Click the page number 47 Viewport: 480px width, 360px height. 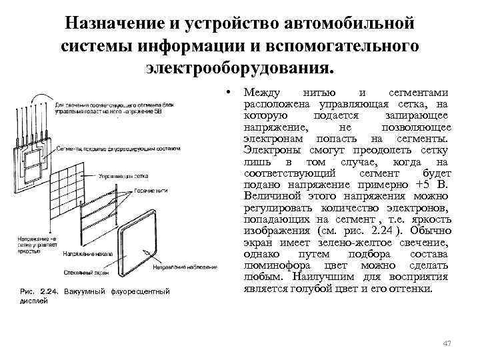[447, 343]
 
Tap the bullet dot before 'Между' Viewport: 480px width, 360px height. [228, 91]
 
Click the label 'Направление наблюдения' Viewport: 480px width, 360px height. [185, 267]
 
